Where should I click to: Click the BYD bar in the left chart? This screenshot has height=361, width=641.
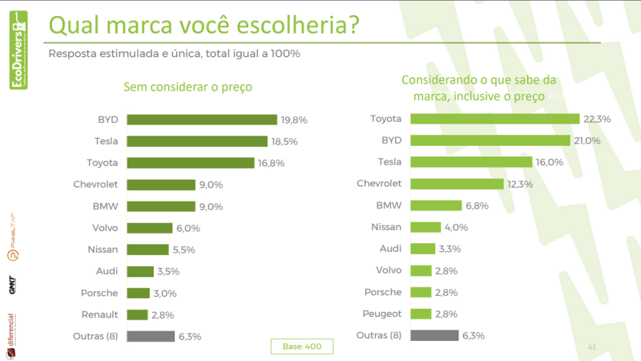[202, 120]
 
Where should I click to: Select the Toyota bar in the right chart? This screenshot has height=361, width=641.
[494, 119]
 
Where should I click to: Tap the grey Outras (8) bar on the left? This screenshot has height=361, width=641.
[151, 336]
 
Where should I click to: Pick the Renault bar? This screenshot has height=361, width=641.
[138, 314]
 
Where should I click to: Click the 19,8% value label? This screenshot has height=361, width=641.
[294, 120]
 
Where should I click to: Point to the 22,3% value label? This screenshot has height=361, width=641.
[597, 119]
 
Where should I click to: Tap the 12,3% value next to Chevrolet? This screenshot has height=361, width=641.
[522, 184]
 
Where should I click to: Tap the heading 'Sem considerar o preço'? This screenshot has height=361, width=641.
[193, 87]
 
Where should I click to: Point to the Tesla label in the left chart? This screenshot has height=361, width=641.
[106, 141]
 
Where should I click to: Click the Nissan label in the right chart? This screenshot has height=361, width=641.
[386, 227]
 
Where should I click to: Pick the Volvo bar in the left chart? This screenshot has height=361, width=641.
[150, 228]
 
